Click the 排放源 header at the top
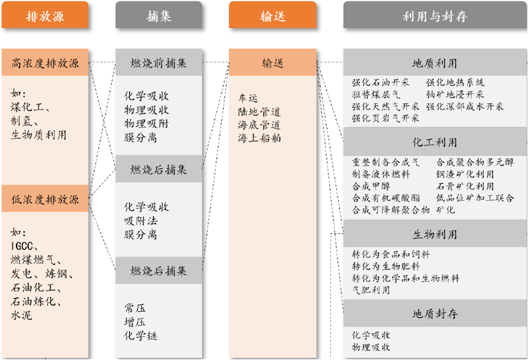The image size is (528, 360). (44, 16)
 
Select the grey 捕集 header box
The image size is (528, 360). (159, 16)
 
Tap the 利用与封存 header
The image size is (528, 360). (434, 16)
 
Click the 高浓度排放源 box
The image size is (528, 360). (44, 64)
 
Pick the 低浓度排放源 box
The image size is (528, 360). (44, 199)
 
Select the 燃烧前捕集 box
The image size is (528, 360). (159, 64)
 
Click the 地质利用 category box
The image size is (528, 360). (434, 64)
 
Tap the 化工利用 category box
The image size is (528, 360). (434, 142)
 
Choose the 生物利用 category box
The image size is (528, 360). (434, 234)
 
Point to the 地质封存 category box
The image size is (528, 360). (434, 314)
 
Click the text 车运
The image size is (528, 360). (248, 98)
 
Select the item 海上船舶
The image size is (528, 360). (259, 138)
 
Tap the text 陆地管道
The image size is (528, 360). (259, 112)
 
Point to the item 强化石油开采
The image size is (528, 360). (381, 82)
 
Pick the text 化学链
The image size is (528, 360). (141, 335)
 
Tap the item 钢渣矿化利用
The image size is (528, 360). (465, 174)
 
